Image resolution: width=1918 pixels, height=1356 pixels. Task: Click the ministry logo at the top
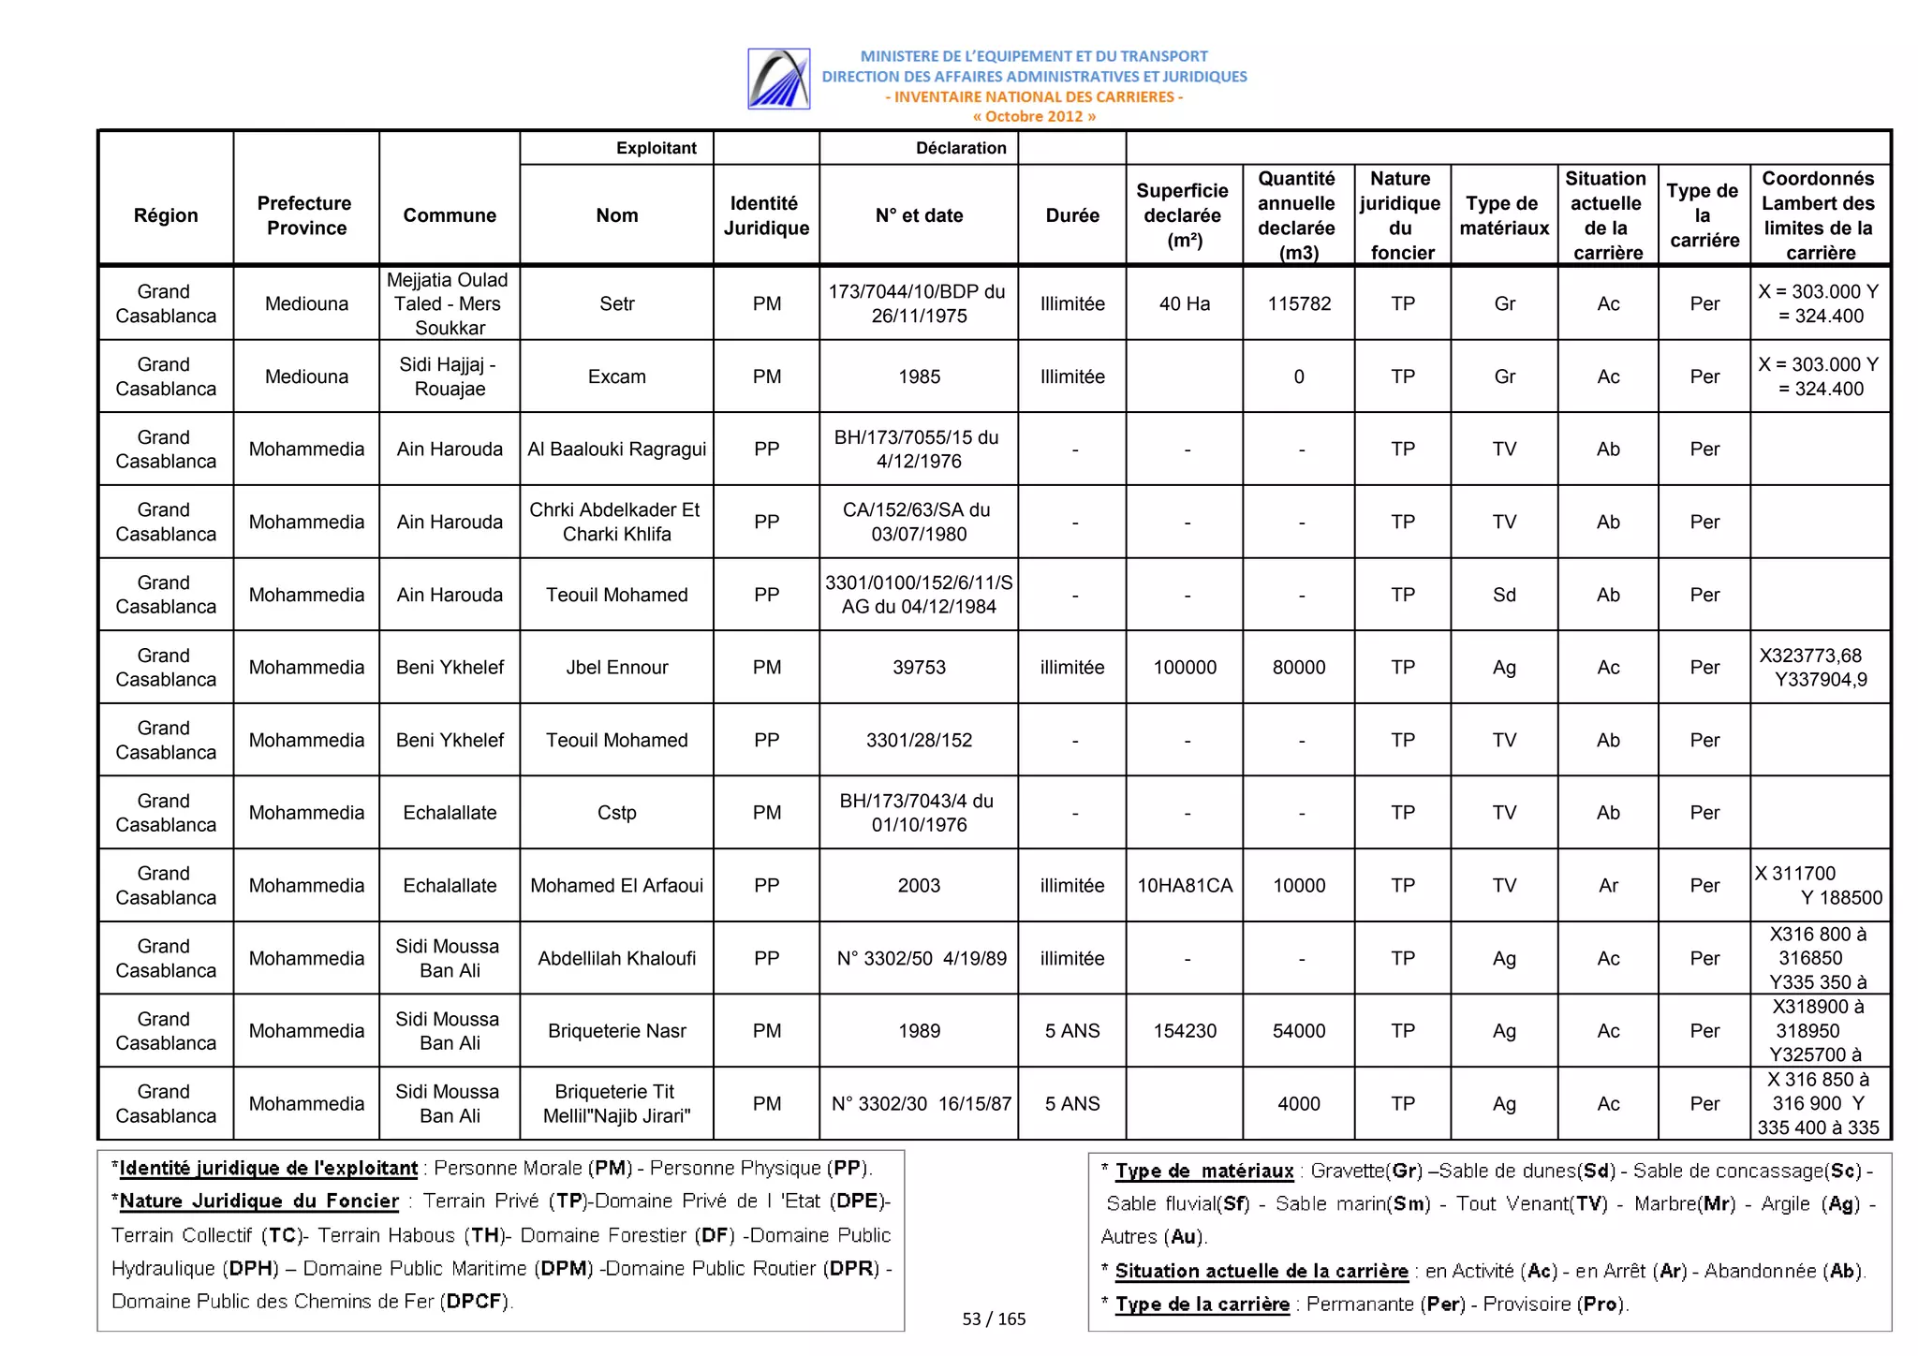tap(778, 79)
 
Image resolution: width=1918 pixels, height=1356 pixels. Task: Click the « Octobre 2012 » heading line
tap(1033, 116)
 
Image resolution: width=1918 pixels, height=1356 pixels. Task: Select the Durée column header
tap(1071, 215)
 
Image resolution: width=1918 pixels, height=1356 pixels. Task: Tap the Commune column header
tap(450, 215)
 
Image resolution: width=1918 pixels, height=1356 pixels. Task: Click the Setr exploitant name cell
tap(616, 303)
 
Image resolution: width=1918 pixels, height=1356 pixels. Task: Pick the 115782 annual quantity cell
tap(1298, 303)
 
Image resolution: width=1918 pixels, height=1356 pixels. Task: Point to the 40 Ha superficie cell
tap(1184, 303)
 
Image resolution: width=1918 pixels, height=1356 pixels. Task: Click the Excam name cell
tap(616, 376)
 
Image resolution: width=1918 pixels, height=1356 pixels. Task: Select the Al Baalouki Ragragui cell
tap(616, 449)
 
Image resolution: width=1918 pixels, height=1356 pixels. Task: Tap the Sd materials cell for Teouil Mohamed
tap(1503, 595)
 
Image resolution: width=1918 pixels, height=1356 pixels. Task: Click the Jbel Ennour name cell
tap(616, 667)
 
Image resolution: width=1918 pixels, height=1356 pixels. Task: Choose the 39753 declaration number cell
tap(918, 667)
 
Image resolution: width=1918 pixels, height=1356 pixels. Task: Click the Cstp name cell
tap(616, 813)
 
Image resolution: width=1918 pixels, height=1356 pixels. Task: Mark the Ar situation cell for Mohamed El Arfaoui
tap(1607, 885)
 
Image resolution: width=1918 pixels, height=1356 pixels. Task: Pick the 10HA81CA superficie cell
tap(1184, 885)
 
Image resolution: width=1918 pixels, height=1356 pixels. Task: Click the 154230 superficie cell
tap(1184, 1031)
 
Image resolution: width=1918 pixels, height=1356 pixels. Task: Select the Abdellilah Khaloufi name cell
tap(616, 958)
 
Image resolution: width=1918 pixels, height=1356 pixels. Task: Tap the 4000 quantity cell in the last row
tap(1298, 1103)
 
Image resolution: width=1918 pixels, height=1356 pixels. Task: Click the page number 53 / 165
tap(994, 1319)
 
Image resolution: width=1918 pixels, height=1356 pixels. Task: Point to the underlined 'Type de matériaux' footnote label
tap(1203, 1171)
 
